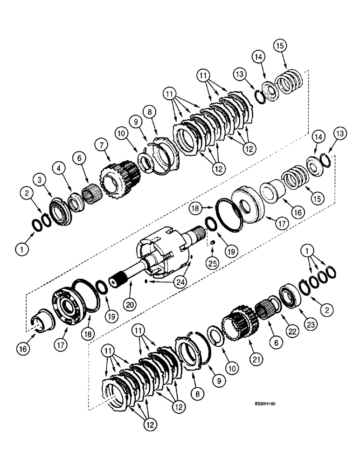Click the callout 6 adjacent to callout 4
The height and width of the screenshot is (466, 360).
[79, 158]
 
